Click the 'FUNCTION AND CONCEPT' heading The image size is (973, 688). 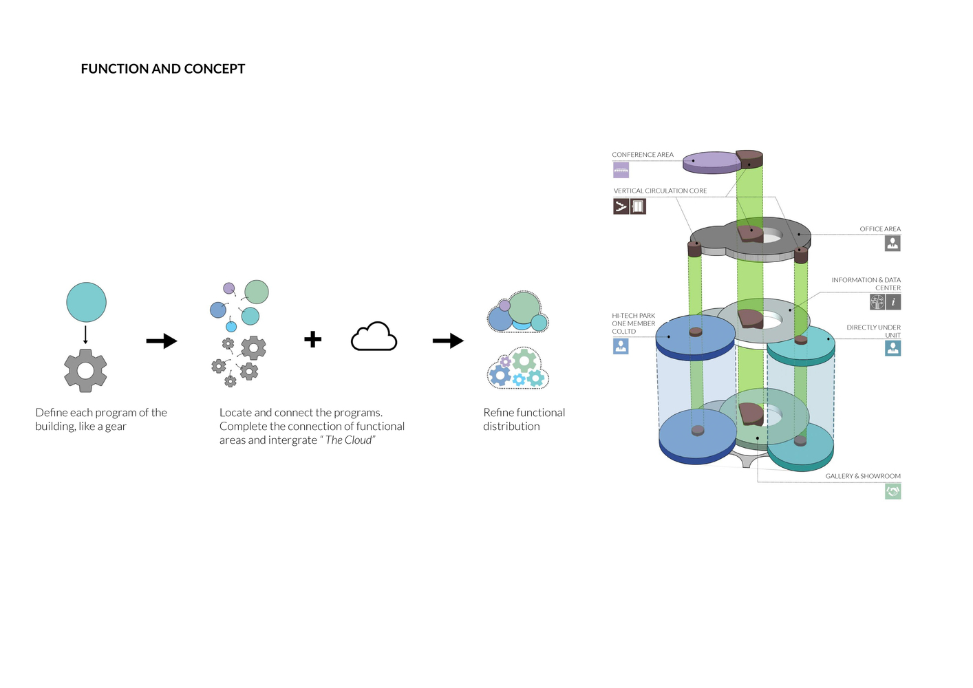coord(163,69)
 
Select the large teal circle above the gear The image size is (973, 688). coord(87,302)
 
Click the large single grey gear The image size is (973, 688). coord(85,371)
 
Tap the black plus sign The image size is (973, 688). coord(313,339)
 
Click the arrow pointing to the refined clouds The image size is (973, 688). coord(448,341)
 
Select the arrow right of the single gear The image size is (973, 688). coord(162,341)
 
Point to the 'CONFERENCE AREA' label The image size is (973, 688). coord(643,155)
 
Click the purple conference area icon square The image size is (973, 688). coord(621,170)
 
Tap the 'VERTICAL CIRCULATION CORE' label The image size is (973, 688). coord(660,191)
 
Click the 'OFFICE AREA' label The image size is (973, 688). coord(879,229)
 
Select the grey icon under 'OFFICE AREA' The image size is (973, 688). coord(892,243)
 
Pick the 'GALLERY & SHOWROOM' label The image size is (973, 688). coord(863,476)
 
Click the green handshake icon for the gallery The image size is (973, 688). coord(892,491)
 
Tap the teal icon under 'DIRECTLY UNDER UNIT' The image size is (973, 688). coord(892,348)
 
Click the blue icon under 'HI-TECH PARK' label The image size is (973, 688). coord(621,346)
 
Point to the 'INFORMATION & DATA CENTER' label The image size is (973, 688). coord(866,283)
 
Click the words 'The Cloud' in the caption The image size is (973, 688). coord(349,440)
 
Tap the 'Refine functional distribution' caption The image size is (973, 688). coord(524,419)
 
